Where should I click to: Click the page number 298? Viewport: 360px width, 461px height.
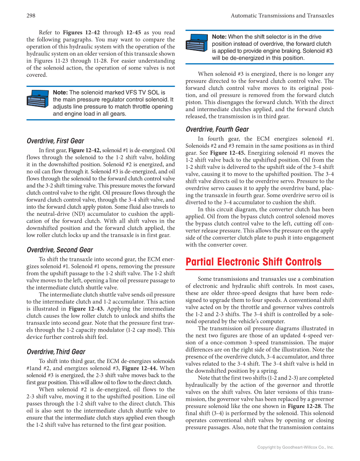tap(31, 16)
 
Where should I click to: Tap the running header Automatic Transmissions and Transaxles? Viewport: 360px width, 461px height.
tap(282, 16)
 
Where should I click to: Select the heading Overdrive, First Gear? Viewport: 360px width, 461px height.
tap(55, 141)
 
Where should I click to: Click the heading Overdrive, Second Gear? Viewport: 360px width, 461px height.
tap(59, 250)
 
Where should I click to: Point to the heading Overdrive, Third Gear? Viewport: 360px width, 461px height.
tap(56, 352)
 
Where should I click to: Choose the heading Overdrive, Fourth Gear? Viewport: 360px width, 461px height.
tap(217, 129)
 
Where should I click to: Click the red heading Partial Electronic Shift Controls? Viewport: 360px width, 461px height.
tap(254, 262)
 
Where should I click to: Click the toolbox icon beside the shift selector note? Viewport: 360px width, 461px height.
tap(197, 44)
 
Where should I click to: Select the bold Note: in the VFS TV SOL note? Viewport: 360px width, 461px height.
tap(60, 92)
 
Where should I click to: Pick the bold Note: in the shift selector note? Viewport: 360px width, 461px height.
tap(219, 37)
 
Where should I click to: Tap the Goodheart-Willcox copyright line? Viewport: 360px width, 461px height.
tap(296, 447)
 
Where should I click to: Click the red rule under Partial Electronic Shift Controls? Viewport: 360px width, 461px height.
tap(260, 269)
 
